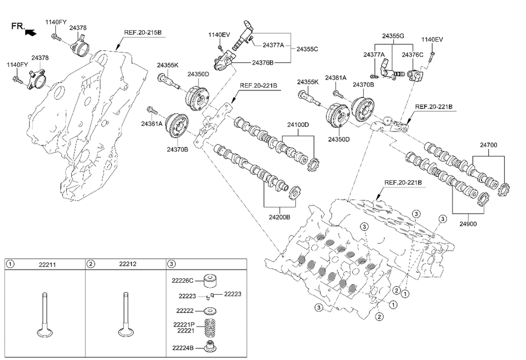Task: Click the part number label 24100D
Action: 298,124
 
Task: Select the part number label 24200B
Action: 279,216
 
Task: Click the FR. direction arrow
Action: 32,32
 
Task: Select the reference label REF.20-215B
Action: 142,33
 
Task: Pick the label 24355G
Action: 393,36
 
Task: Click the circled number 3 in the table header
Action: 170,264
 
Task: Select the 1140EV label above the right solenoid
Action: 432,39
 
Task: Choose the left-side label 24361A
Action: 152,124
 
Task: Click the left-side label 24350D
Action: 198,74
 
